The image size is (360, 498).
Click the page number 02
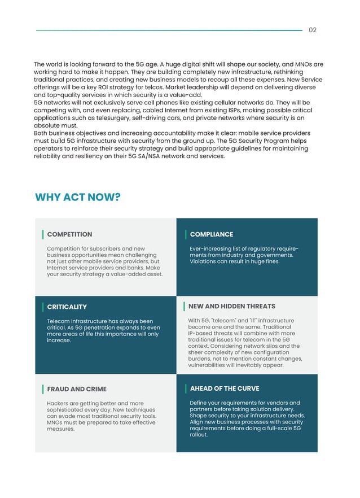coord(313,30)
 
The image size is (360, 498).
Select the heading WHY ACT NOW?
coord(78,197)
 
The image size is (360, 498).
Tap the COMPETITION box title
coord(69,234)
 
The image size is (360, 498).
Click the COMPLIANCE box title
coord(212,234)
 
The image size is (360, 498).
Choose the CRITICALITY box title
coord(67,307)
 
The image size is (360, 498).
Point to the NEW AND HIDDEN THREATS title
coord(232,307)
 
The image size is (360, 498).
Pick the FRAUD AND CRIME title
coord(77,389)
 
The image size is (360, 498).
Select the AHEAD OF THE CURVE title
coord(225,388)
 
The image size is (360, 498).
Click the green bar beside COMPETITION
coord(43,234)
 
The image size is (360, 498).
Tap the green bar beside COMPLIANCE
coord(186,234)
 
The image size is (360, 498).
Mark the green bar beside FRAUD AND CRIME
coord(43,389)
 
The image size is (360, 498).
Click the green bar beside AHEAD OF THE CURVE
coord(186,388)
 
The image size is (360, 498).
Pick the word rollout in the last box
coord(199,435)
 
